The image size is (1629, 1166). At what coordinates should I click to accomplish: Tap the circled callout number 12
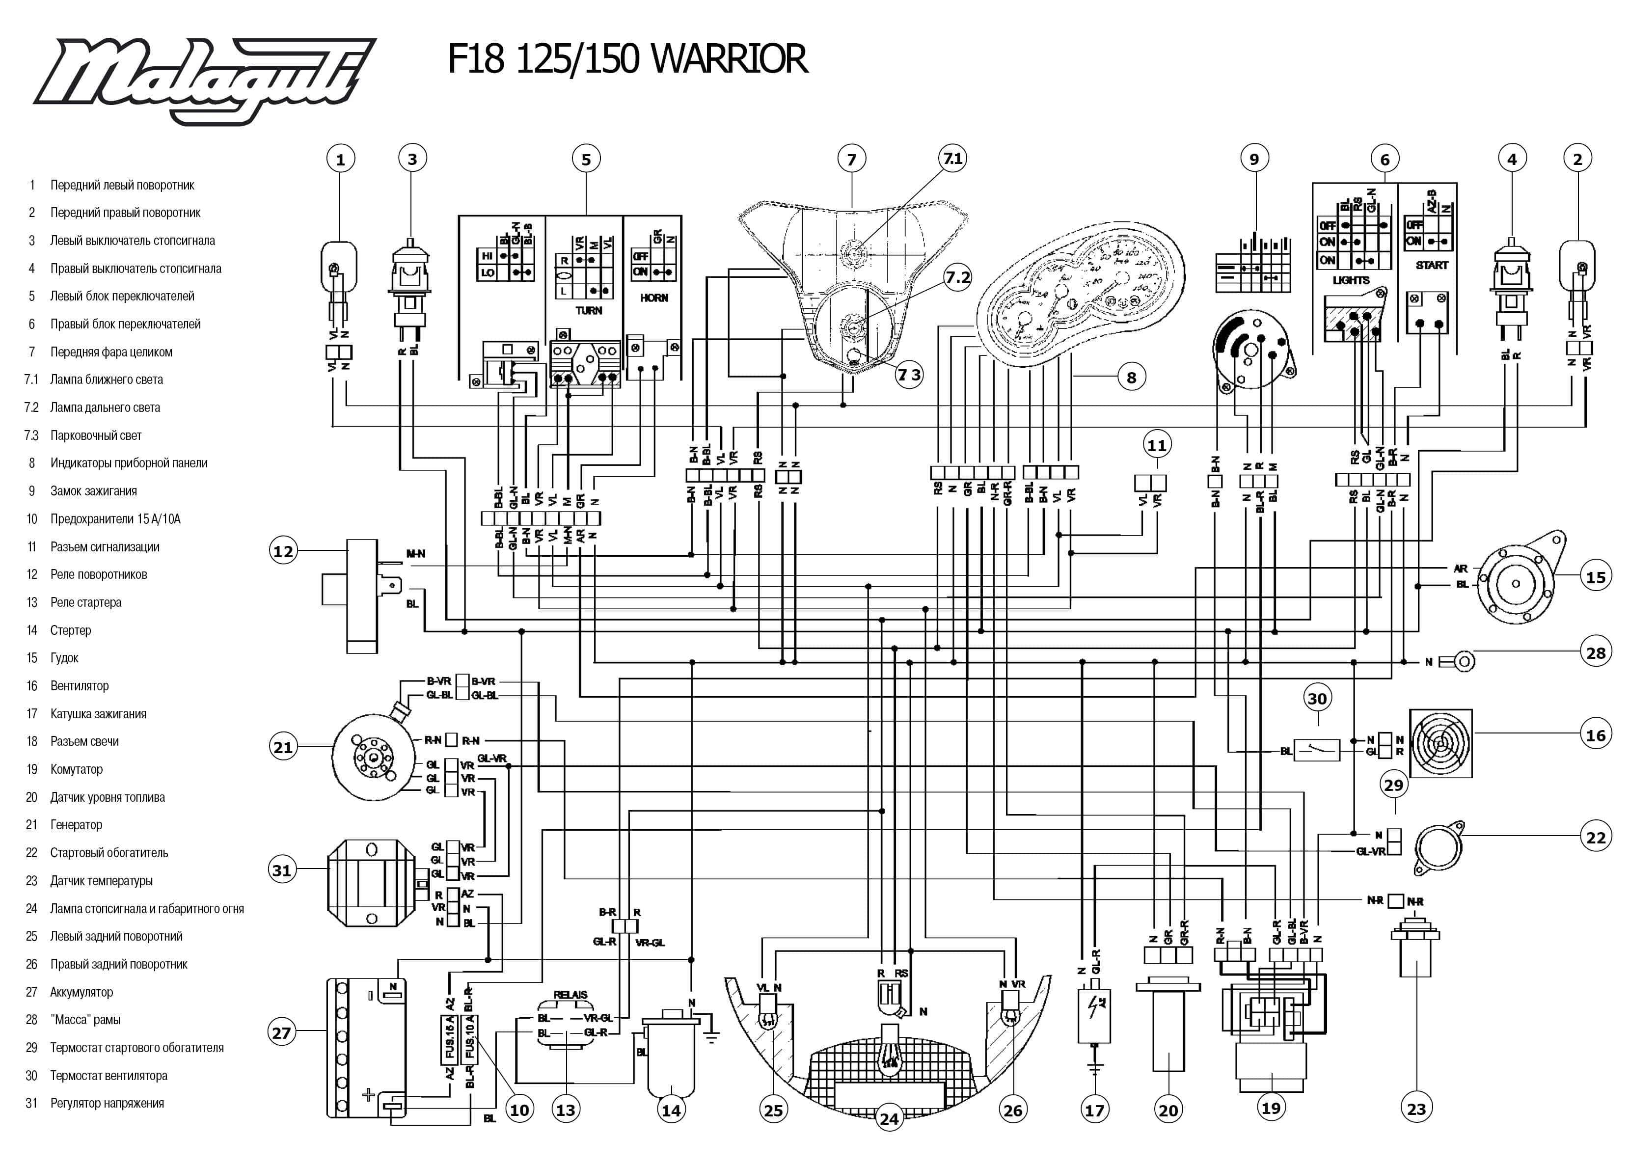(284, 551)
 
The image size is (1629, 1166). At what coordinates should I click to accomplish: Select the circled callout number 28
(1595, 652)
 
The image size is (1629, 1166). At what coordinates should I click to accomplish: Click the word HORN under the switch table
(654, 297)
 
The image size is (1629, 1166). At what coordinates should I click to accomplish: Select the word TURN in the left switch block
(589, 310)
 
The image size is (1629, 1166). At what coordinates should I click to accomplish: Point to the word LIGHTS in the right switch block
(1351, 280)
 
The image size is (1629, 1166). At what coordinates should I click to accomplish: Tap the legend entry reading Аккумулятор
(81, 992)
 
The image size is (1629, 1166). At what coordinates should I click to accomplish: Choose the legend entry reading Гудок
(64, 658)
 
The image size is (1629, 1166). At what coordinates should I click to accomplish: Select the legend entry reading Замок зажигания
(93, 491)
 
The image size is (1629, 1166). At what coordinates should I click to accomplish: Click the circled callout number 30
(1317, 699)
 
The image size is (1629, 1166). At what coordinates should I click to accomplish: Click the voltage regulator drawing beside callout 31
(371, 884)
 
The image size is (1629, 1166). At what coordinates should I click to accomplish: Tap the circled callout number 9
(1254, 159)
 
